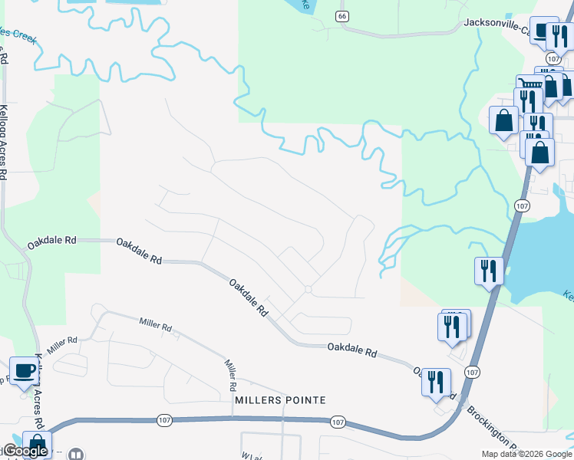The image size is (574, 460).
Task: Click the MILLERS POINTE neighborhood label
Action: point(280,400)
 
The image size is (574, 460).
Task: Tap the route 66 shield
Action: point(342,16)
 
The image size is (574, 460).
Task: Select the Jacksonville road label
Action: point(498,24)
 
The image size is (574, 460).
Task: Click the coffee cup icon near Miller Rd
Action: point(23,370)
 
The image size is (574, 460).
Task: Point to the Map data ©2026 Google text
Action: point(526,454)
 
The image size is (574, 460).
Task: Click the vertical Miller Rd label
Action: point(229,373)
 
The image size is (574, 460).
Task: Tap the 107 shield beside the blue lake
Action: point(522,206)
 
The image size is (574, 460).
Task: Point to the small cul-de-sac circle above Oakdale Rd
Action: point(308,289)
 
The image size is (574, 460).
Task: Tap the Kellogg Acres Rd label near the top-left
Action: point(5,141)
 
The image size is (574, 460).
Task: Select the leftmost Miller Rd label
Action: point(61,340)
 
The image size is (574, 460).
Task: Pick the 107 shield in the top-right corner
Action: point(554,58)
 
